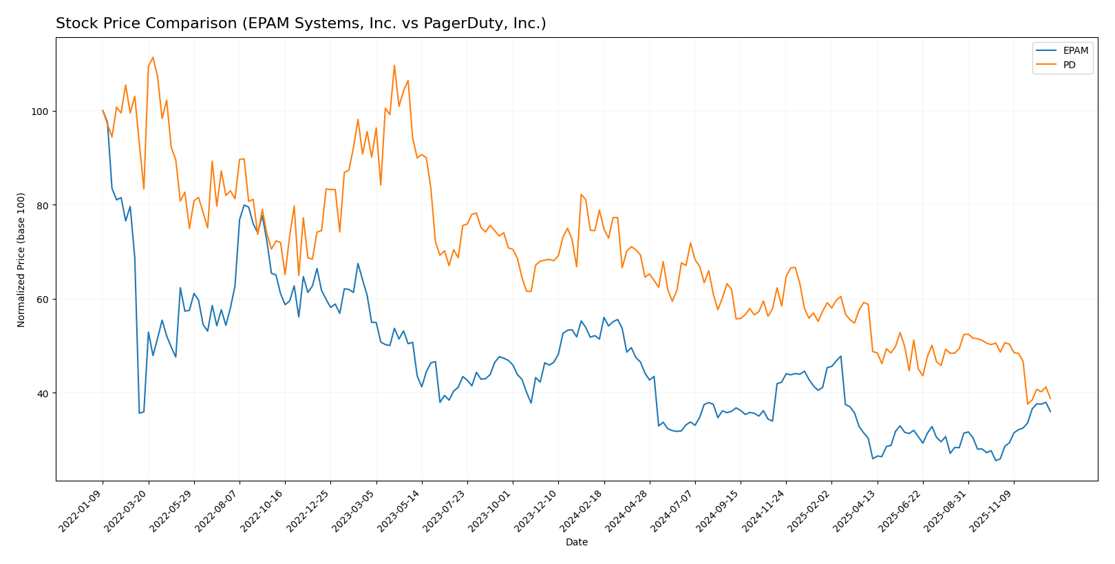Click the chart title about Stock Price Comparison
301,23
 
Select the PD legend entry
1069,65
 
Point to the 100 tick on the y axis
41,112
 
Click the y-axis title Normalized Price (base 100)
21,260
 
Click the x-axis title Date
576,542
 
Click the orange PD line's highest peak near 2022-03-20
153,57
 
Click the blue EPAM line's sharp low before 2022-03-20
140,413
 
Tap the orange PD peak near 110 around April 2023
394,65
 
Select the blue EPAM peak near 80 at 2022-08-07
244,205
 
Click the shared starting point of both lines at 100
103,111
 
